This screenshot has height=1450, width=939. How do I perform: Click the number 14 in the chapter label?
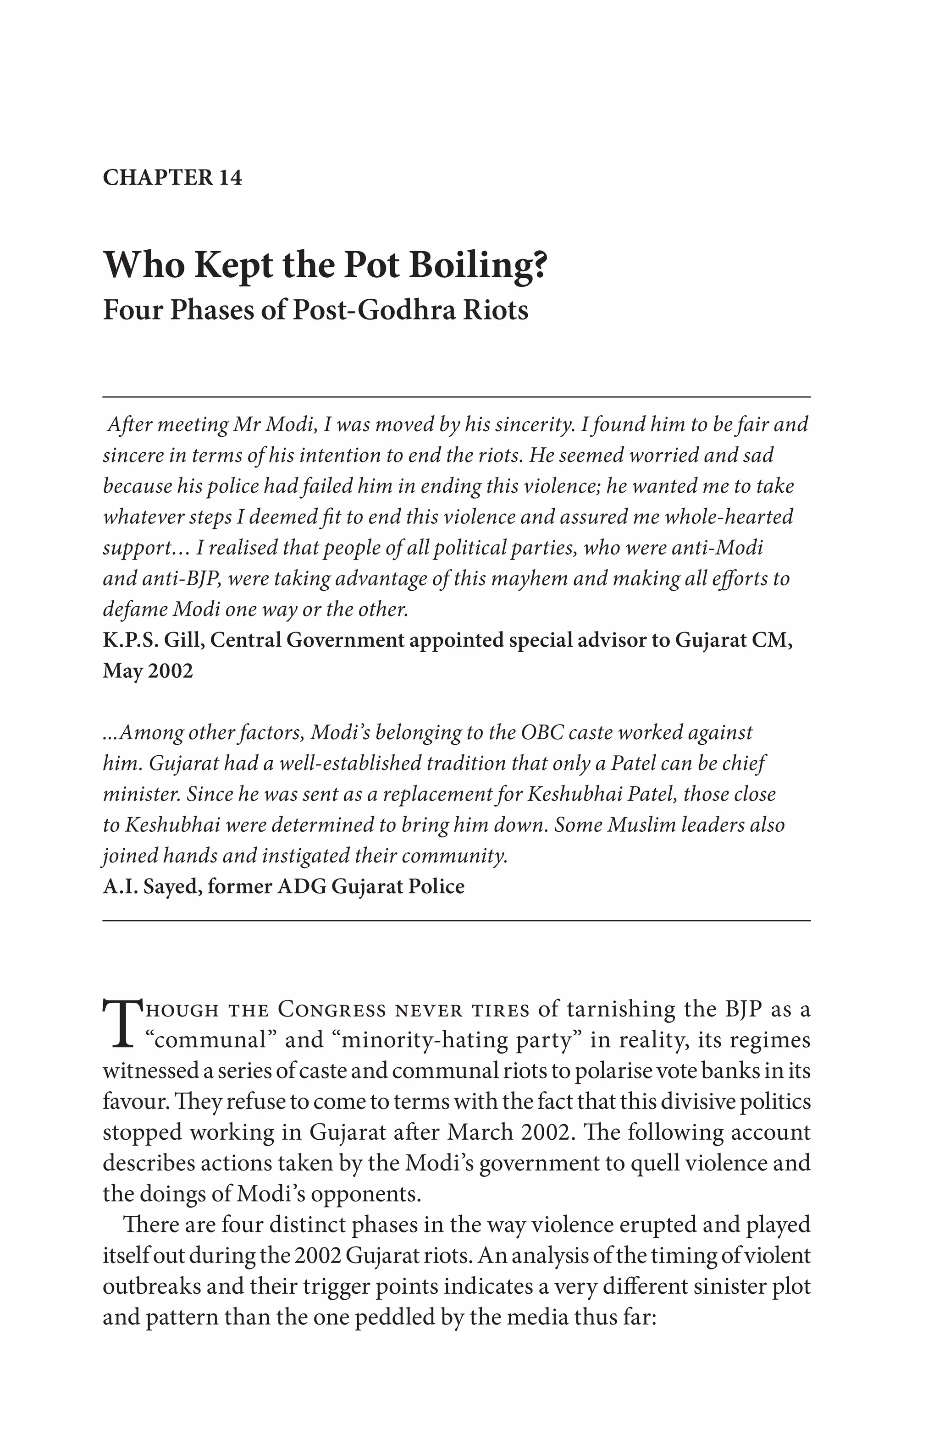click(230, 177)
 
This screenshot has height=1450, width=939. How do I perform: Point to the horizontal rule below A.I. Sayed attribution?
click(456, 921)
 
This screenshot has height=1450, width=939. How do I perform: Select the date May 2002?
click(148, 671)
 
